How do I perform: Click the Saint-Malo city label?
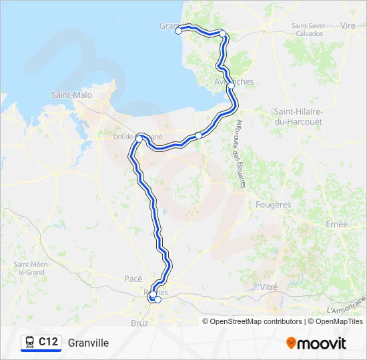71,95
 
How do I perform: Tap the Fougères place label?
273,205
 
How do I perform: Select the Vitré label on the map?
268,286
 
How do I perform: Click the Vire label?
348,25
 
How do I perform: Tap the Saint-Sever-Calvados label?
308,29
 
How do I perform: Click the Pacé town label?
133,279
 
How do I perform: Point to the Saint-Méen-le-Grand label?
31,268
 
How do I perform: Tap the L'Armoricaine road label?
347,306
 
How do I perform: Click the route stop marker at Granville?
178,31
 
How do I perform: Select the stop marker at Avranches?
231,86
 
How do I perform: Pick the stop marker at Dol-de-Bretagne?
139,139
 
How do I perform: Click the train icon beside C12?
29,342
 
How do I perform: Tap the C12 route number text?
48,342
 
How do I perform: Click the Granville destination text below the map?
88,343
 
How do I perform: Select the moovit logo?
316,343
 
